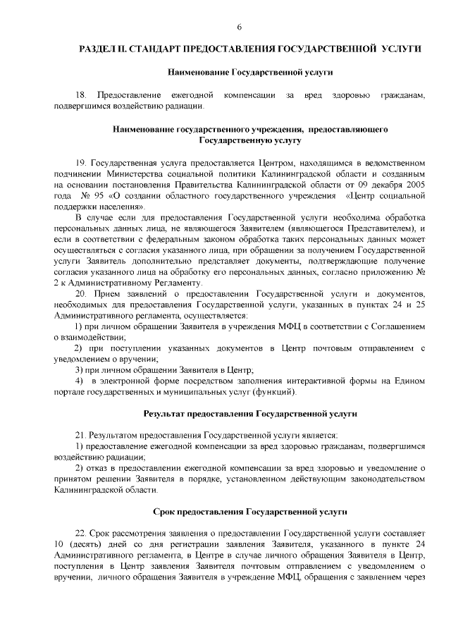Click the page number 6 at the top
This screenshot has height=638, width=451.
coord(240,27)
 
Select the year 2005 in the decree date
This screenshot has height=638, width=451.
coord(415,184)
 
